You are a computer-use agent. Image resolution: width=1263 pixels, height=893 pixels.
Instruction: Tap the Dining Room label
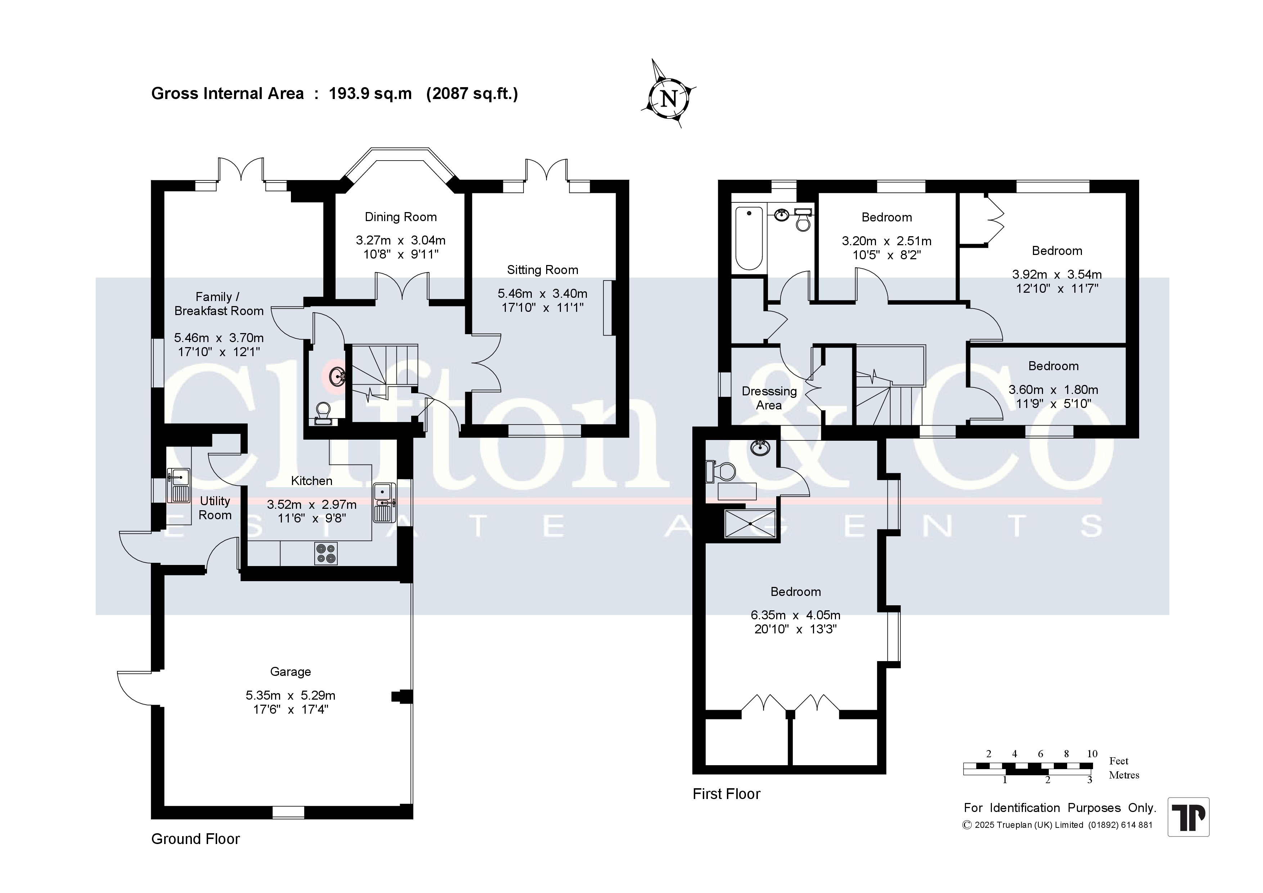pyautogui.click(x=400, y=217)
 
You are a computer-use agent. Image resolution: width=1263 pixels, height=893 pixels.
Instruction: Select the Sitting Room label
pyautogui.click(x=542, y=270)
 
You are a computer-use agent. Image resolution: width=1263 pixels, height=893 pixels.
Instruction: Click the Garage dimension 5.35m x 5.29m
pyautogui.click(x=291, y=695)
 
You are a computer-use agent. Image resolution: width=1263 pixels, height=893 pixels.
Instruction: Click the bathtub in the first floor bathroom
pyautogui.click(x=749, y=238)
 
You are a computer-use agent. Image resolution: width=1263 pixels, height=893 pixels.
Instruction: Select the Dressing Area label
pyautogui.click(x=769, y=398)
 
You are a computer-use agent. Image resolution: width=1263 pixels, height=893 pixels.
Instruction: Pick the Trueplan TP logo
pyautogui.click(x=1188, y=817)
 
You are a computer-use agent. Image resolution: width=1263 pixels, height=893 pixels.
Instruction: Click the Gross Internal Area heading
pyautogui.click(x=334, y=94)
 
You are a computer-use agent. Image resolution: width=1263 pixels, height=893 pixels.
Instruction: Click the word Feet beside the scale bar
pyautogui.click(x=1119, y=761)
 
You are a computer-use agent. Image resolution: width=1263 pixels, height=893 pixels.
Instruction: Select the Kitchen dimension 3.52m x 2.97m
pyautogui.click(x=311, y=504)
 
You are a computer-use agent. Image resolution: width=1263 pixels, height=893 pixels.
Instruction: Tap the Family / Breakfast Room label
pyautogui.click(x=219, y=304)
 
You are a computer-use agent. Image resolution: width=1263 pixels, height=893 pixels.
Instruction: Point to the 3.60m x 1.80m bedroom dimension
pyautogui.click(x=1053, y=390)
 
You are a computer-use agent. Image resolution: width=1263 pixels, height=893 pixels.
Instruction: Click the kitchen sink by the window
pyautogui.click(x=383, y=502)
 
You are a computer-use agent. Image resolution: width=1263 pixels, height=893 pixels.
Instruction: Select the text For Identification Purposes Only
pyautogui.click(x=1060, y=808)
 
